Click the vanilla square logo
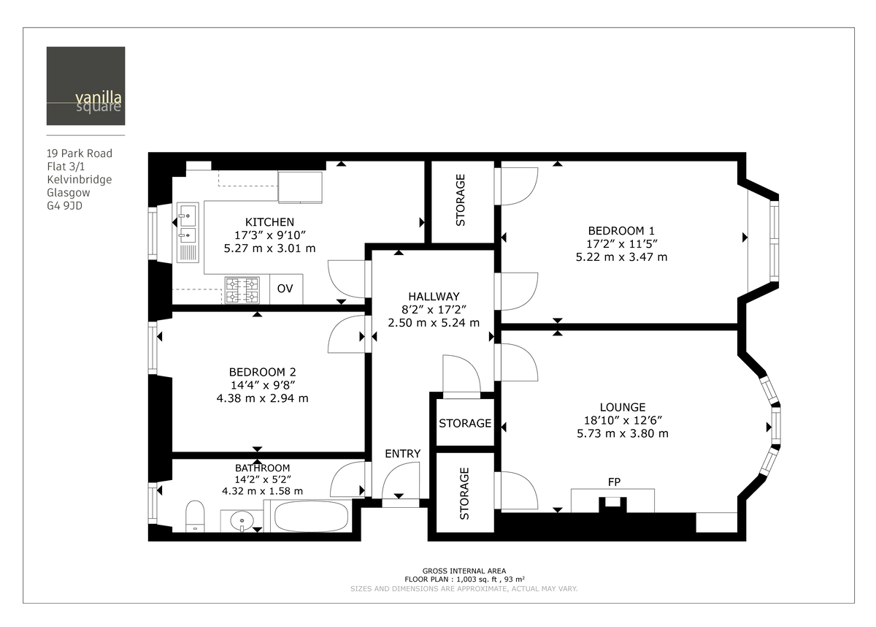tap(85, 85)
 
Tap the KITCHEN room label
tap(269, 222)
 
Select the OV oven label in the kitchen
tap(285, 289)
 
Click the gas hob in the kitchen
tap(242, 289)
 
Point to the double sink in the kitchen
tap(187, 224)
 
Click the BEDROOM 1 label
tap(621, 230)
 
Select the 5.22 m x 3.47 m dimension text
tap(621, 257)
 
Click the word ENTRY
tap(403, 454)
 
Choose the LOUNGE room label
tap(622, 407)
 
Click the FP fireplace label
tap(614, 482)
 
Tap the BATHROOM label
tap(262, 468)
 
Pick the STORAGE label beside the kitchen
tap(461, 199)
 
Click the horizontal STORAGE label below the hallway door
tap(465, 424)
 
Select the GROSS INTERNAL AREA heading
tap(464, 571)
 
